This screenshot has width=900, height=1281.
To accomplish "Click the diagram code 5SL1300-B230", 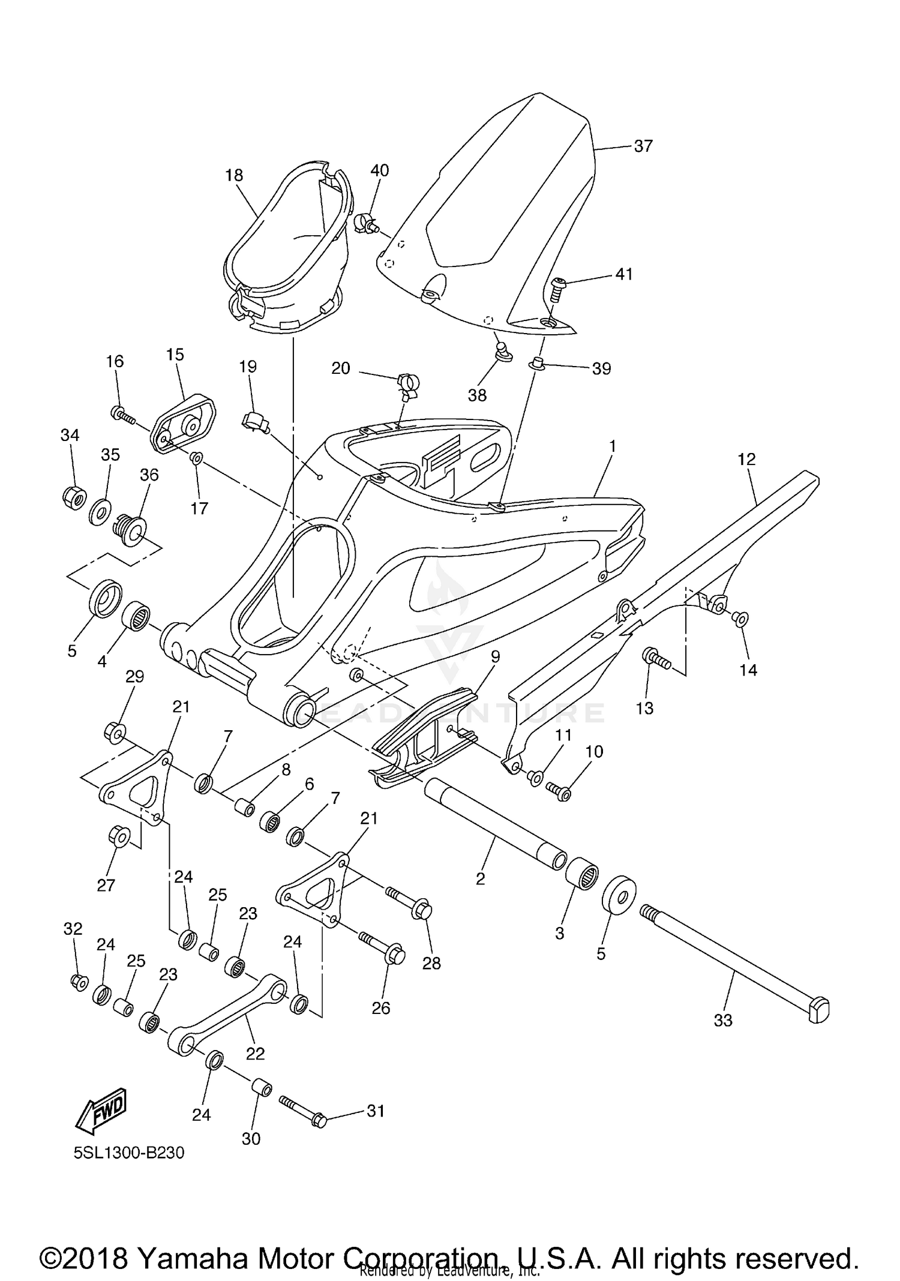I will (x=129, y=1153).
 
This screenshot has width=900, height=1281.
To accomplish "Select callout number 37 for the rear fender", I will (x=643, y=146).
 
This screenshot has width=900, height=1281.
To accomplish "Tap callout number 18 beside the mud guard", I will (x=234, y=175).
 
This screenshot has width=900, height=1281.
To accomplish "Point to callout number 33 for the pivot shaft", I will (x=723, y=1020).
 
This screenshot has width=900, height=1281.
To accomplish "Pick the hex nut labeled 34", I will (x=73, y=496).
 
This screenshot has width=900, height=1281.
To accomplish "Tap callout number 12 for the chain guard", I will (x=746, y=460).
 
